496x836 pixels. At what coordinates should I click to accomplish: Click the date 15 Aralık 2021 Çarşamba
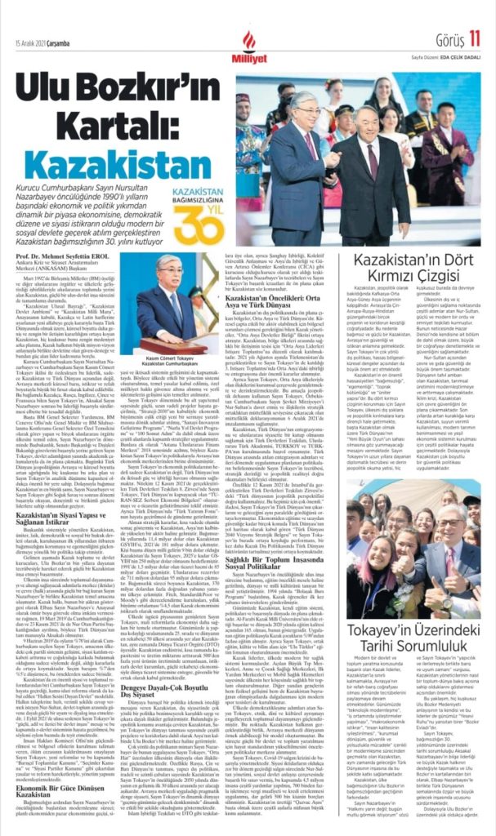(x=41, y=18)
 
